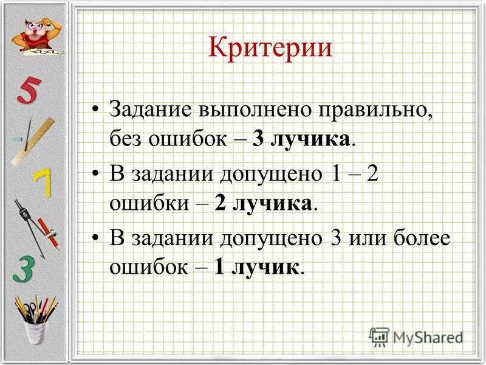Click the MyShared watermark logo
[416, 336]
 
